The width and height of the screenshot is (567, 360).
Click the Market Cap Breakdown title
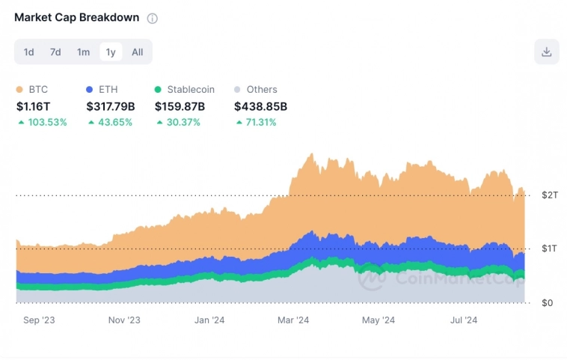(76, 17)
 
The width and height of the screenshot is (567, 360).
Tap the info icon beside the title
(153, 18)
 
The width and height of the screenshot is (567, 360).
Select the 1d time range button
(28, 52)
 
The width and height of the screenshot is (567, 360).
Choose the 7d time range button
(55, 52)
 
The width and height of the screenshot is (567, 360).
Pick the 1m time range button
(83, 52)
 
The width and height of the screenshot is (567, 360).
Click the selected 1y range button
(111, 52)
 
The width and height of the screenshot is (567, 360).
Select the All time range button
(138, 52)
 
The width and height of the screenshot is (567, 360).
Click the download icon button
(546, 52)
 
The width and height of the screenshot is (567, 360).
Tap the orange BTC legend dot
(20, 90)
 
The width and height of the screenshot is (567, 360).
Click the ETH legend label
(108, 90)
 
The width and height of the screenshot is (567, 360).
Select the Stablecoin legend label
(191, 90)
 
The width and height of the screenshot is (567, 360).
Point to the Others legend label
(262, 90)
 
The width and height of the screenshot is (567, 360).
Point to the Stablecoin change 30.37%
(183, 122)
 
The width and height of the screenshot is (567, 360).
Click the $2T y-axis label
(549, 195)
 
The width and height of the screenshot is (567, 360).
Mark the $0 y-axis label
(548, 302)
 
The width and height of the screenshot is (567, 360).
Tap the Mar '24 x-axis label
(293, 320)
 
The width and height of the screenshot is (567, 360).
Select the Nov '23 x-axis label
(124, 320)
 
